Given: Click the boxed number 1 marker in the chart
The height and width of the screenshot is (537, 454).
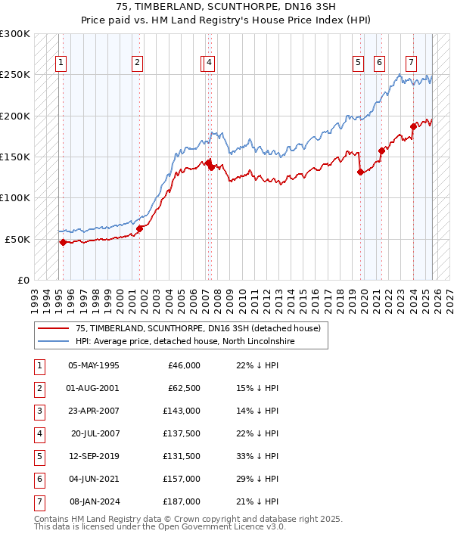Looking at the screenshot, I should tap(61, 63).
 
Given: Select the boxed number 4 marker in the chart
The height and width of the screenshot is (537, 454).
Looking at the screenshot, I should tap(208, 63).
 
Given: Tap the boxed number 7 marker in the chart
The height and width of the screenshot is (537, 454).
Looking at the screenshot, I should tap(411, 63).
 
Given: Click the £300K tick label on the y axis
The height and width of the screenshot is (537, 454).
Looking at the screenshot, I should tap(15, 35).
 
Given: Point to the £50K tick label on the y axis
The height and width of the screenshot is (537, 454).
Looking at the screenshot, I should tap(17, 239).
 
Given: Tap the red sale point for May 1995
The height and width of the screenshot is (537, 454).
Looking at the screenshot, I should tap(63, 242).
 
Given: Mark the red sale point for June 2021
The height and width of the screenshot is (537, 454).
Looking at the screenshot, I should tap(381, 151).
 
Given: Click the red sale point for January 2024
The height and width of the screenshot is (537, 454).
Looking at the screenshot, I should tap(413, 126).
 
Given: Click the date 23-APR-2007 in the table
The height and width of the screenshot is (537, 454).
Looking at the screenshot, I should tap(93, 411).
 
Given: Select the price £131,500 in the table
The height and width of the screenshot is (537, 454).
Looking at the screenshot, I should tap(182, 456).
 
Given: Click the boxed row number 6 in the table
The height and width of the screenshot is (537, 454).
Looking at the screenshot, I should tap(39, 479).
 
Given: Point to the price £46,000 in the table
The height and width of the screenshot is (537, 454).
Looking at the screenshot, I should tap(184, 365).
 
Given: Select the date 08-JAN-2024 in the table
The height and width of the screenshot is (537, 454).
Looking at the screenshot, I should tap(93, 501).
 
